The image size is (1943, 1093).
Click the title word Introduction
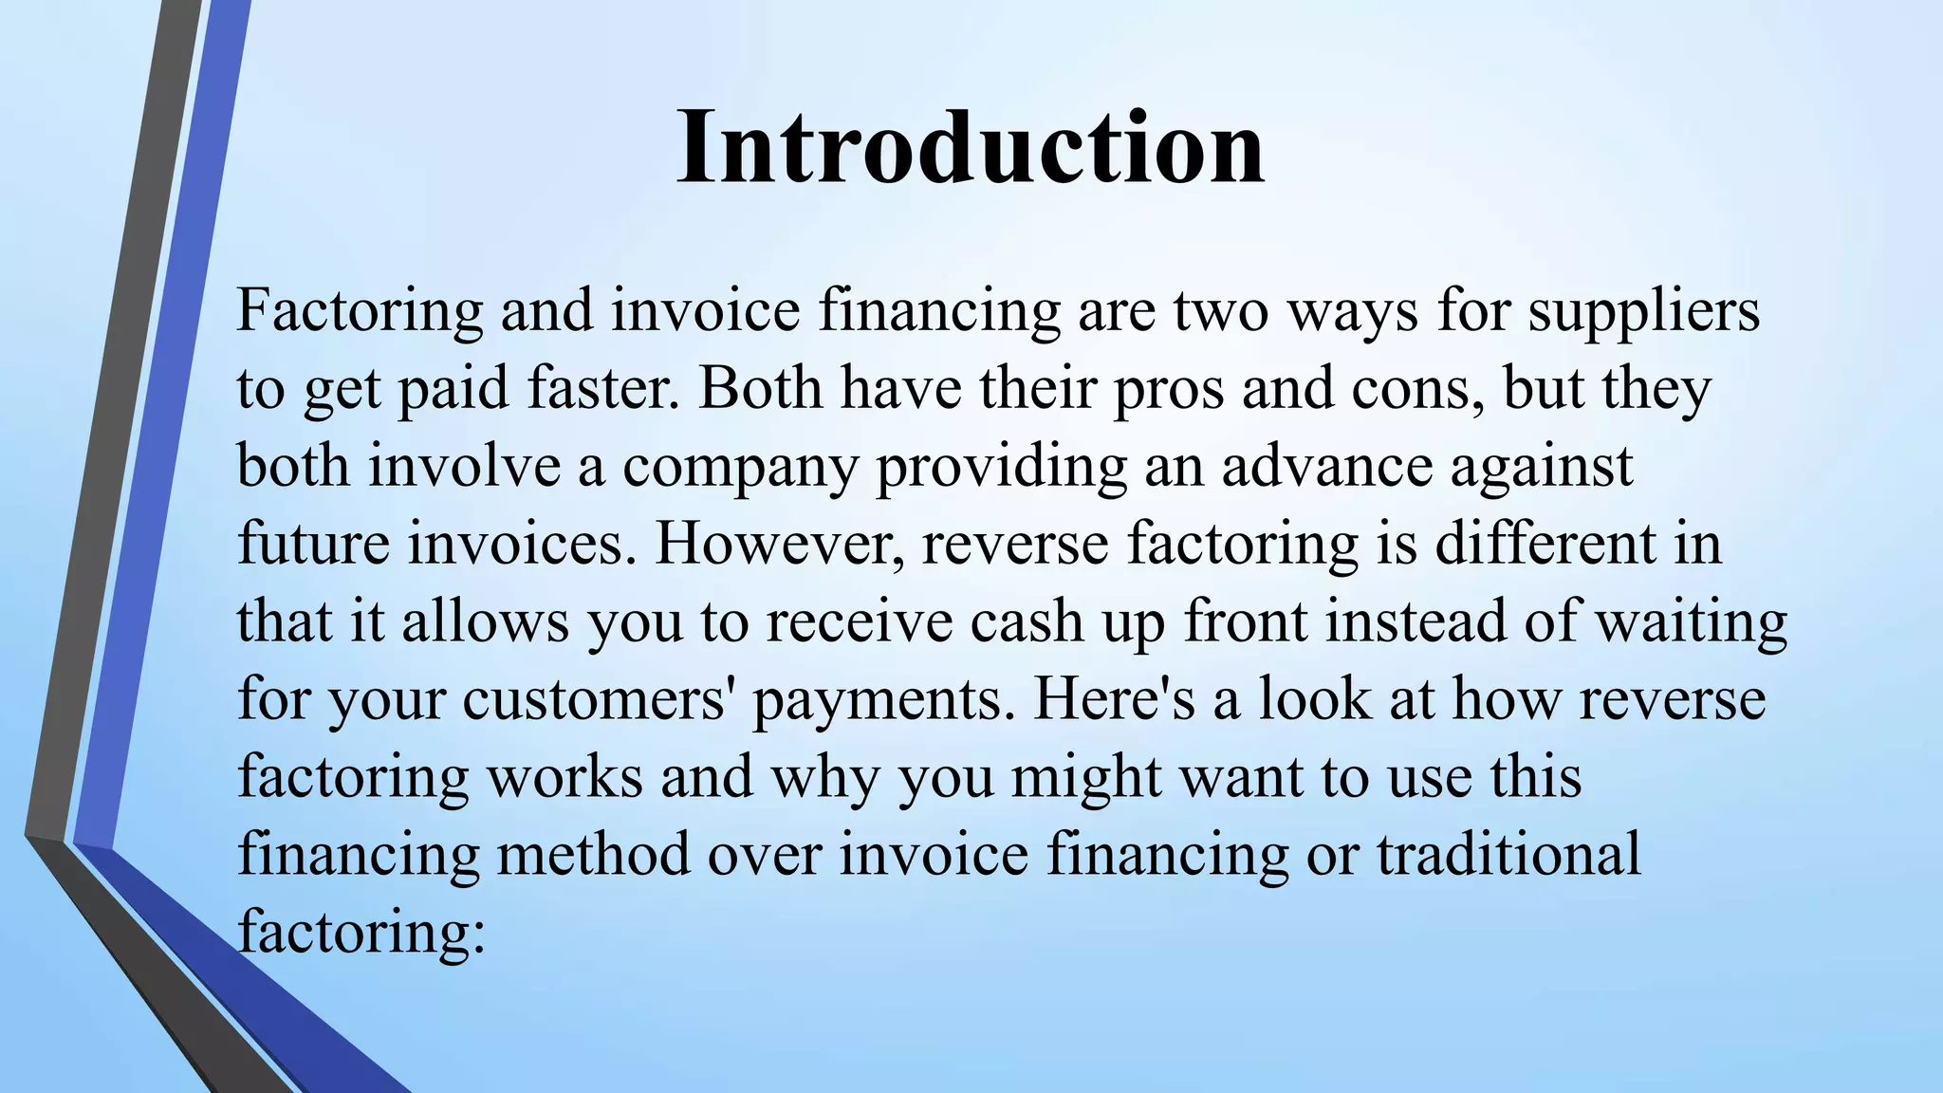coord(971,148)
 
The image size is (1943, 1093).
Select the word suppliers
coord(1643,311)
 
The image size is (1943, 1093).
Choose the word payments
coord(883,702)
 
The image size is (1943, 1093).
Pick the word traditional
coord(1508,854)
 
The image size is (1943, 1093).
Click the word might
coord(1086,778)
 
